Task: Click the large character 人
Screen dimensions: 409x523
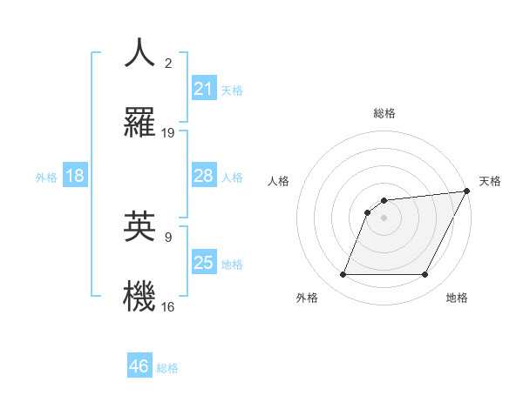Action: click(x=140, y=52)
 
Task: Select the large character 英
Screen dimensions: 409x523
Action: click(x=140, y=225)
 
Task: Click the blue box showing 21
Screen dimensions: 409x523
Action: click(x=203, y=89)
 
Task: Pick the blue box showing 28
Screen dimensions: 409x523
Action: click(x=203, y=176)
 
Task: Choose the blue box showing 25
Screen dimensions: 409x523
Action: click(x=203, y=263)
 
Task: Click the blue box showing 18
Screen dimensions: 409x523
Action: click(x=74, y=176)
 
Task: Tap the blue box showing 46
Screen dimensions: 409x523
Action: click(x=139, y=366)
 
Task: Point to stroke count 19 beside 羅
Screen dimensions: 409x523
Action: click(x=168, y=133)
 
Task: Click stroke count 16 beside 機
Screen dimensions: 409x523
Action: click(x=168, y=306)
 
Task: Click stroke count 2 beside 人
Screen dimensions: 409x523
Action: click(x=168, y=64)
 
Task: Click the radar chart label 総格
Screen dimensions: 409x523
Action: click(x=384, y=113)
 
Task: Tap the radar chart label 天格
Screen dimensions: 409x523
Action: click(x=490, y=181)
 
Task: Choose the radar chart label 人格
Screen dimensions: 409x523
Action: click(x=278, y=181)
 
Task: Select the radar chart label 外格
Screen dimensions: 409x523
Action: click(x=307, y=298)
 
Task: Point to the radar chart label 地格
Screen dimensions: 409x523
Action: click(x=457, y=298)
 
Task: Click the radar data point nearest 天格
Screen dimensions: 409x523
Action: click(x=467, y=191)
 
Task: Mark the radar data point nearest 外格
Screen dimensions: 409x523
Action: click(x=343, y=275)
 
